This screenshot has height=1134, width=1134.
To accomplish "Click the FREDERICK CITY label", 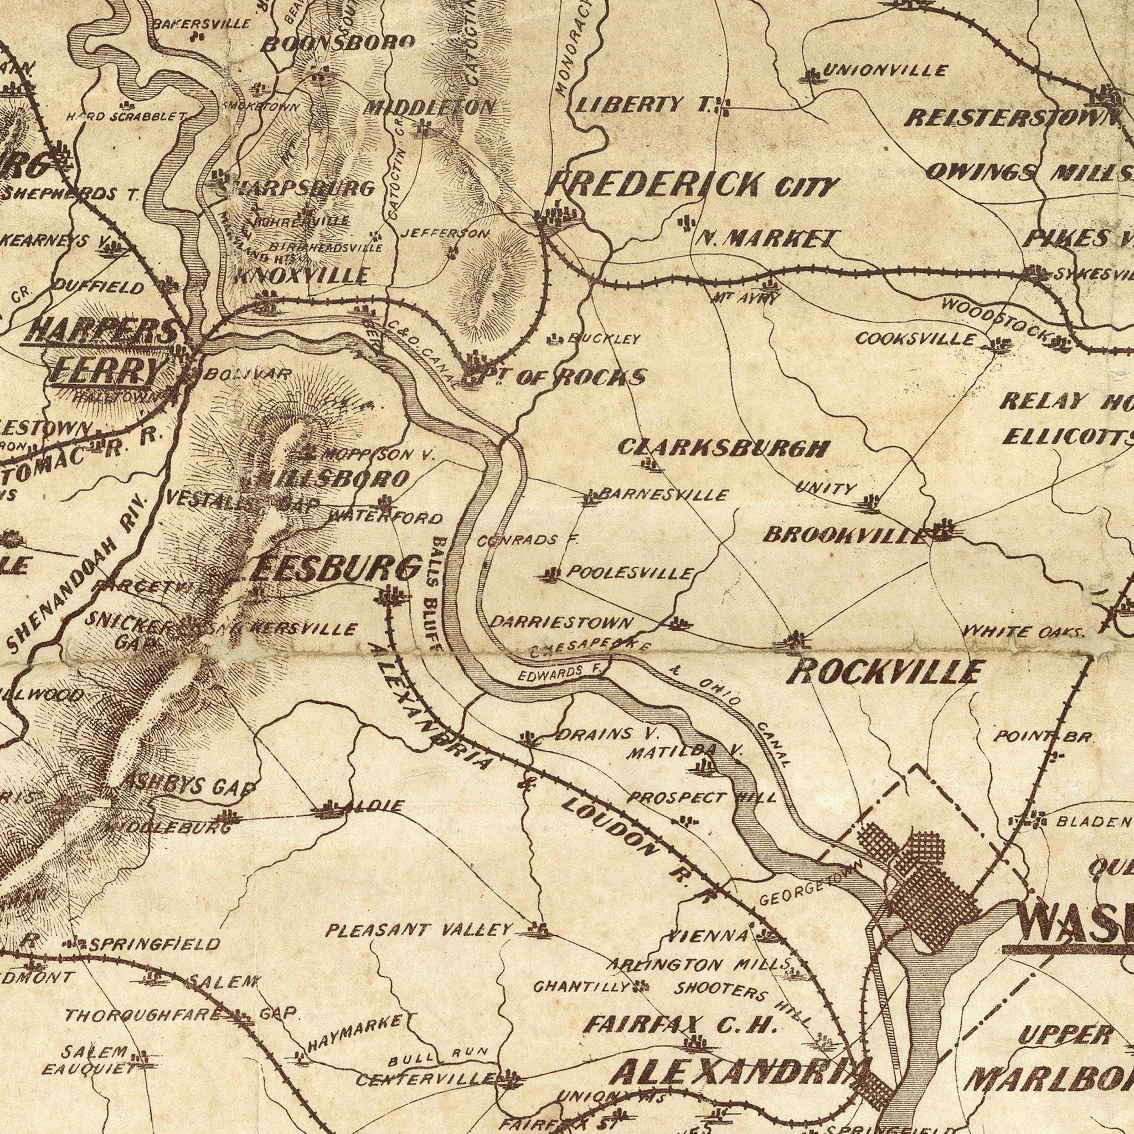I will [693, 189].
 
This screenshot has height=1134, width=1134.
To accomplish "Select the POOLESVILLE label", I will [626, 574].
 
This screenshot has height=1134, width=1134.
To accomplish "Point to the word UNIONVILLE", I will [884, 71].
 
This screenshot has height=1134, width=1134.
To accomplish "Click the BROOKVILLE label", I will [845, 536].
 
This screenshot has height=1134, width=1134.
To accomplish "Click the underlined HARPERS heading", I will [100, 332].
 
